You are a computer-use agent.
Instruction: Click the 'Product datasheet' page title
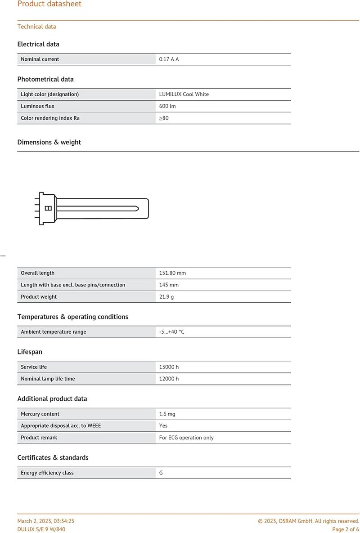click(49, 4)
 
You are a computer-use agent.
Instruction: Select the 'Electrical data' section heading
click(38, 44)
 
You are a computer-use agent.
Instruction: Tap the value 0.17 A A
click(169, 59)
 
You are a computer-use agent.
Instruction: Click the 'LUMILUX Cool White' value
click(184, 94)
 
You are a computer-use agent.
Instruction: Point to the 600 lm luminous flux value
click(167, 106)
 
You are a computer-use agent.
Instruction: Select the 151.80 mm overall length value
click(172, 273)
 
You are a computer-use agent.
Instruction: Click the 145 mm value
click(169, 285)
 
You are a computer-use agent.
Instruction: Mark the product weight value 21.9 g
click(166, 297)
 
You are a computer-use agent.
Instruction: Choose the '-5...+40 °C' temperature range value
click(171, 332)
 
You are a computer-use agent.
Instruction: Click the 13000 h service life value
click(169, 367)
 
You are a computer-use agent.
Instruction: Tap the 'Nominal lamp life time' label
click(48, 379)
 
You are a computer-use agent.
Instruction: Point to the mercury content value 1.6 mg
click(167, 414)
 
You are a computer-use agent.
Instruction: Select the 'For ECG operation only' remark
click(186, 438)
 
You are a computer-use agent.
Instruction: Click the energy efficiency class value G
click(161, 473)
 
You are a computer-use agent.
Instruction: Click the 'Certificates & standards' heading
click(53, 457)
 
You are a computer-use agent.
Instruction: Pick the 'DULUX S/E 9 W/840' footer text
click(41, 529)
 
